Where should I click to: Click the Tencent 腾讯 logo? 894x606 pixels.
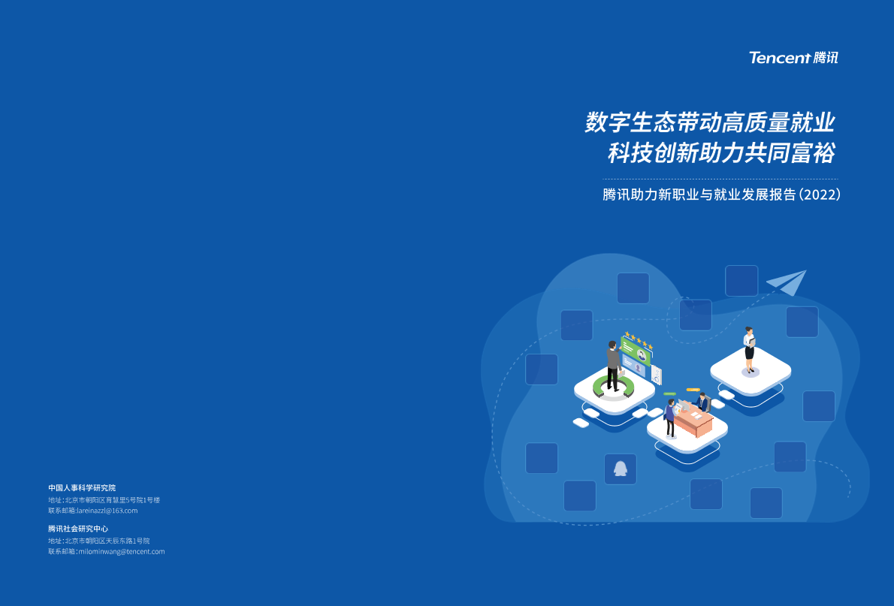coord(793,58)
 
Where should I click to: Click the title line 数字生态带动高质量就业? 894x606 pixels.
coord(710,122)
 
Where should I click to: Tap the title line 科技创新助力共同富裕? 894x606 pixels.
coord(721,152)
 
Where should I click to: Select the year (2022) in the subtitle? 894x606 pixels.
coord(820,194)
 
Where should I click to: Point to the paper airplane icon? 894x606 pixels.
coord(787,282)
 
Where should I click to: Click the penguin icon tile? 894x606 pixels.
coord(621,469)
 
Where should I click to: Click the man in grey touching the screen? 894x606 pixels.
coord(614,366)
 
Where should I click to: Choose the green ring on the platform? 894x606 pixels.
coord(614,387)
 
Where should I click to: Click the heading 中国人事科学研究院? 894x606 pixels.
coord(82,488)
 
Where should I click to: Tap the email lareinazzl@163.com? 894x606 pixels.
coord(107,511)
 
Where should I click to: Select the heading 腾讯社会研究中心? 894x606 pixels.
coord(78,529)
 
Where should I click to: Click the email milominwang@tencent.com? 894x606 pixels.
coord(122,552)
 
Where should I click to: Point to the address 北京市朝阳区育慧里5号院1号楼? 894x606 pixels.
coord(113,500)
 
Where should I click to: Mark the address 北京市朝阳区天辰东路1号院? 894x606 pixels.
coord(107,541)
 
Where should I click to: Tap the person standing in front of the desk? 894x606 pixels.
coord(670,418)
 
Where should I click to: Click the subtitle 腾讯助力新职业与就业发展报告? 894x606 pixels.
coord(699,194)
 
